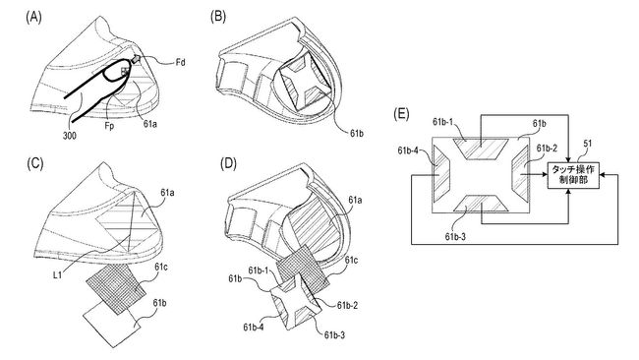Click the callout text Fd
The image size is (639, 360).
(179, 66)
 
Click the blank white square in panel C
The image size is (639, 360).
(111, 321)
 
